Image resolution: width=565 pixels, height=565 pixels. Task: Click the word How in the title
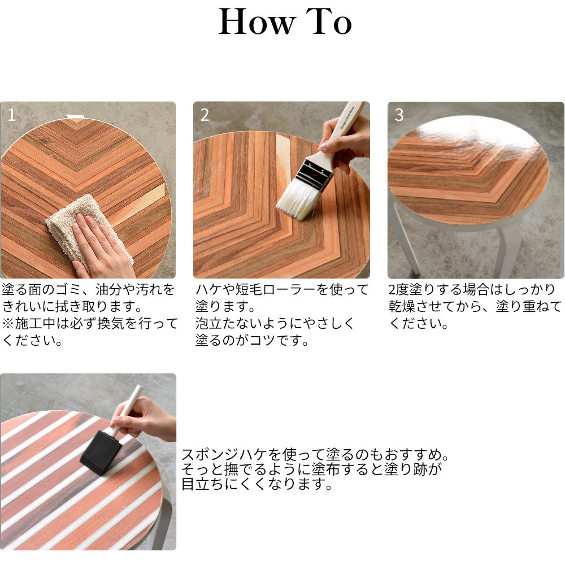coord(257,21)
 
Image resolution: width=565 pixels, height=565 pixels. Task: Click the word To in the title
coord(329,21)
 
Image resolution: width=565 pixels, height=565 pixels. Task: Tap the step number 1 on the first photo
coord(11,115)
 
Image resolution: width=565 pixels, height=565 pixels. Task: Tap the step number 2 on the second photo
coord(205,115)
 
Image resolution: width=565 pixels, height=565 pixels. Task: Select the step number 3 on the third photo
coord(399,115)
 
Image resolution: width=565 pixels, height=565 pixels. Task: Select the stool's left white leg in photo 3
coord(405,238)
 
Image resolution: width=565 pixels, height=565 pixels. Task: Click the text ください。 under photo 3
coord(418,323)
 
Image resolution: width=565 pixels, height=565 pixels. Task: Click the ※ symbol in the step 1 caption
coord(8,323)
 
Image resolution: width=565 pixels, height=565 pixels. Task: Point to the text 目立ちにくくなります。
coord(257,484)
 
